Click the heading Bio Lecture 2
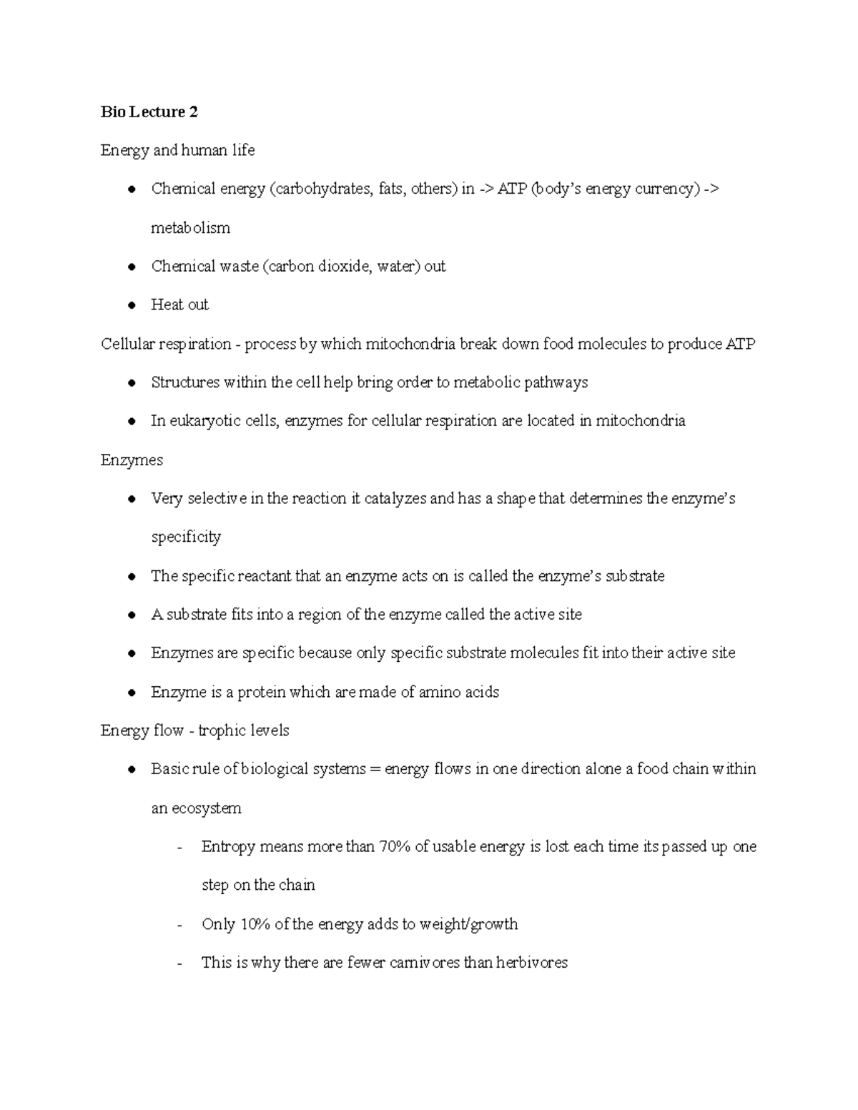point(149,112)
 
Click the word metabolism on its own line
point(190,228)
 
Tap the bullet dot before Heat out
point(132,305)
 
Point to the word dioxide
point(342,267)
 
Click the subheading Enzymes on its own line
point(132,460)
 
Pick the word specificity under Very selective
point(186,537)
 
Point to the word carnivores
point(424,963)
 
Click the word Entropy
point(228,847)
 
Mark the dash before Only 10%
point(179,925)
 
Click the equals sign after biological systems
point(375,770)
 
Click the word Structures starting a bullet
point(185,382)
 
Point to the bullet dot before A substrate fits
point(132,615)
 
